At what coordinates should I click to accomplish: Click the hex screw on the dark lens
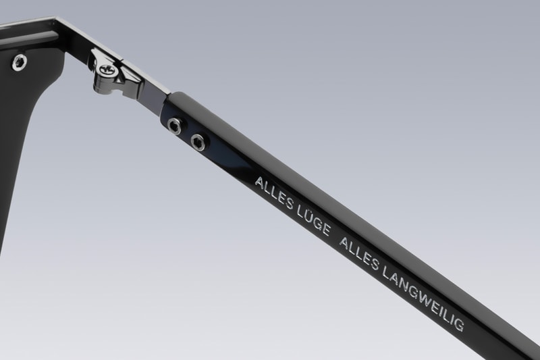coord(20,63)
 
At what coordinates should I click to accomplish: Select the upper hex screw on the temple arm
coord(174,125)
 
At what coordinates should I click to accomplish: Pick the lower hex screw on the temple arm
coord(198,142)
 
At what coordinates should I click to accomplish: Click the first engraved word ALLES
coord(274,194)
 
